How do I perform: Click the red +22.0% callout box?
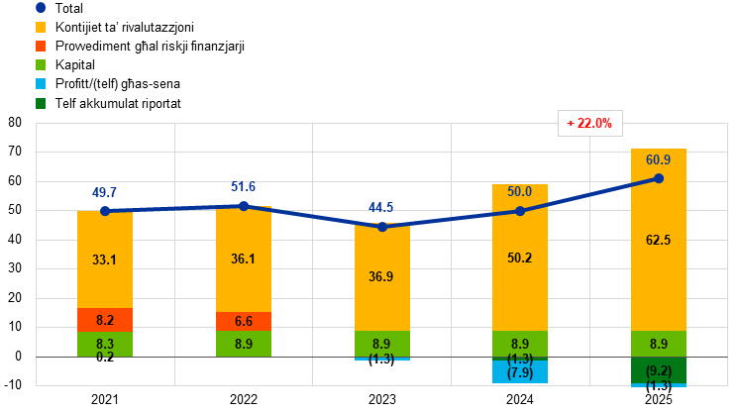coord(589,124)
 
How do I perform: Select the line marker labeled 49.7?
coord(105,211)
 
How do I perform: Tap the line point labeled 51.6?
coord(244,206)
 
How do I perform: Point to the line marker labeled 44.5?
coord(382,226)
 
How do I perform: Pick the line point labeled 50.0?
coord(520,211)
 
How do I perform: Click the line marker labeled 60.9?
coord(659,178)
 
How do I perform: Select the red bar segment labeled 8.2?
coord(105,320)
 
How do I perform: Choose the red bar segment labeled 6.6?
coord(244,321)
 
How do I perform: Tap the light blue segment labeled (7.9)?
coord(520,371)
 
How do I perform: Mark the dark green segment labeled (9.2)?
coord(659,370)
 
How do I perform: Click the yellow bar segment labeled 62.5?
coord(659,240)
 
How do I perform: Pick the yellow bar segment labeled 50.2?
coord(520,258)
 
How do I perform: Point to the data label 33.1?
coord(105,260)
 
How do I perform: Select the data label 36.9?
coord(382,277)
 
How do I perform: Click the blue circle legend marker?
coord(41,7)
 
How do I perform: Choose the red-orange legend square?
coord(41,46)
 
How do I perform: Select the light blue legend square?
coord(41,83)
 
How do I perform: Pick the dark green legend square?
coord(41,103)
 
